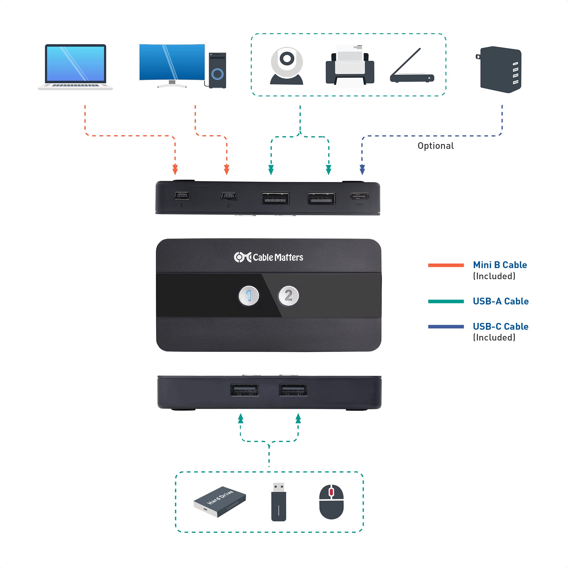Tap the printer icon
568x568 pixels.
click(x=350, y=66)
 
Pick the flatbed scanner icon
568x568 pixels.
click(x=412, y=68)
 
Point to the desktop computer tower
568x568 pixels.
click(x=217, y=70)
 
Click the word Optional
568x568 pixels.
click(x=435, y=146)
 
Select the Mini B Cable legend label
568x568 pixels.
click(x=500, y=265)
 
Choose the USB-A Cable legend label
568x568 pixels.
click(x=500, y=301)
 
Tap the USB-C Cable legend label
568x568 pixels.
click(x=500, y=326)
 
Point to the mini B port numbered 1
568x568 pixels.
click(x=182, y=196)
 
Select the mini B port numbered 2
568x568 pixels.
click(x=229, y=196)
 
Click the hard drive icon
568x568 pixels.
click(x=220, y=502)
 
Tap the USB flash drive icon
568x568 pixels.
click(x=278, y=502)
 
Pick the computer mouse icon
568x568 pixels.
click(x=331, y=502)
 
